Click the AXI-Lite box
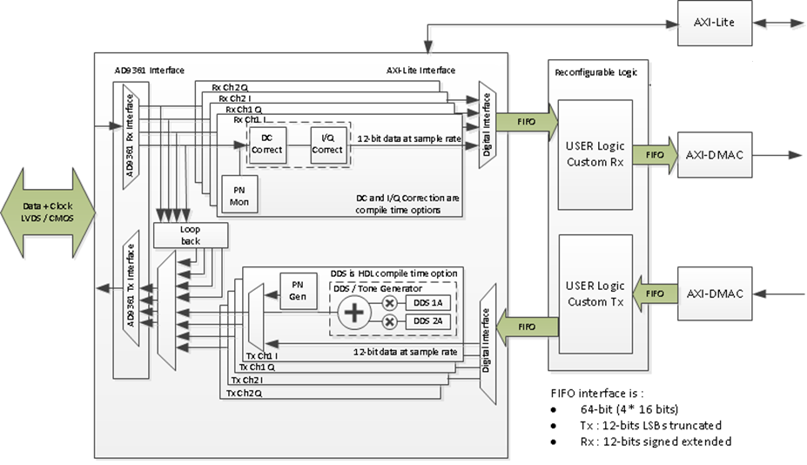pos(715,24)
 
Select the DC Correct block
pos(266,145)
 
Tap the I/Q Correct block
pos(328,145)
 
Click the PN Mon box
pos(239,195)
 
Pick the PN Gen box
pos(298,291)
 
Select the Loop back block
pos(191,235)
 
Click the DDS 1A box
pos(427,303)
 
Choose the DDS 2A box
pos(427,321)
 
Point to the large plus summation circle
pos(354,312)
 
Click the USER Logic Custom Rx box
pos(595,154)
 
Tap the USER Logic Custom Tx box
pos(595,294)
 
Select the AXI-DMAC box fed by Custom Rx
pos(715,155)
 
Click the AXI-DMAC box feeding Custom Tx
pos(715,293)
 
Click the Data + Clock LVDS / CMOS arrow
pos(48,212)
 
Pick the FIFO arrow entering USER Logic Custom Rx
pos(527,122)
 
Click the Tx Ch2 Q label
pos(245,394)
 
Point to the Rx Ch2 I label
pos(235,98)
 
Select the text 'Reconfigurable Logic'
pos(596,72)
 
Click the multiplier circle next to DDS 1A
pos(390,303)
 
